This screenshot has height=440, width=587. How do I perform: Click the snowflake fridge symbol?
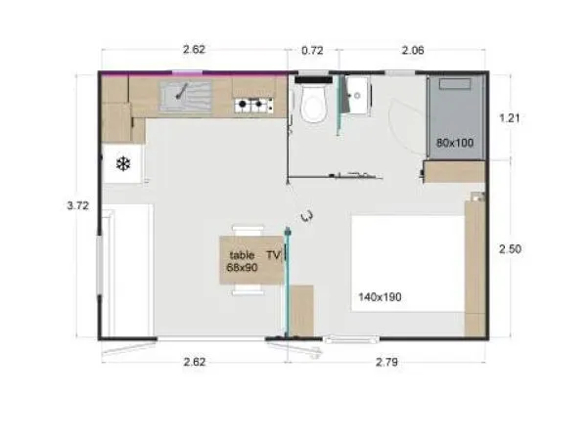123,163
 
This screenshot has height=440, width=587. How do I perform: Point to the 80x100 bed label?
455,143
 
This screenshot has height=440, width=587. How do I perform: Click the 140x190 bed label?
381,296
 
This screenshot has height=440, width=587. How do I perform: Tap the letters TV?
273,254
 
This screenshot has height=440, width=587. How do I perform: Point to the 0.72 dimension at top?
312,49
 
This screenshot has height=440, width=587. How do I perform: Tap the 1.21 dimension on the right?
510,117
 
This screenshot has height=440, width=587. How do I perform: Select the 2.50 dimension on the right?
510,249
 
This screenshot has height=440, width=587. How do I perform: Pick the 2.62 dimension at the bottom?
194,363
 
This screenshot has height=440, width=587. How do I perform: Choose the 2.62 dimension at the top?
196,49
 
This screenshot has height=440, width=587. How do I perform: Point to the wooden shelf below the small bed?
455,172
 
